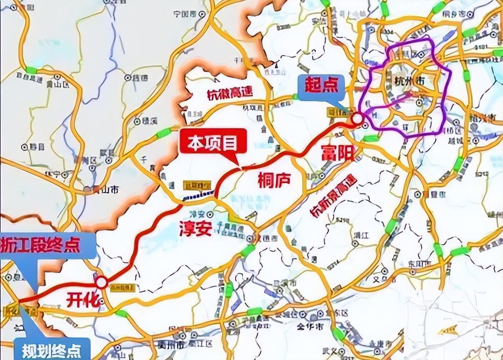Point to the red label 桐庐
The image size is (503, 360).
274,180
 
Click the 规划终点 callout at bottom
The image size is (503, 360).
52,349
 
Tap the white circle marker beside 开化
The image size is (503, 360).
101,282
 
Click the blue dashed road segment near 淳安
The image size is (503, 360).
198,195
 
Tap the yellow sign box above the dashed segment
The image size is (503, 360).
197,184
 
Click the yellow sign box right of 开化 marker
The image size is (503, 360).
123,288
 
